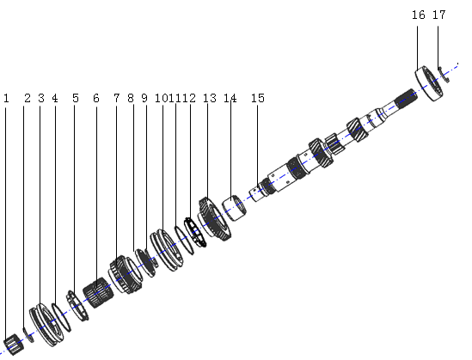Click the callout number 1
click(x=6, y=99)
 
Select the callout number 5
click(x=76, y=99)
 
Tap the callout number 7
click(x=116, y=99)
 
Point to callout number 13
click(x=209, y=99)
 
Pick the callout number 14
click(x=230, y=99)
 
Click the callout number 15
click(x=258, y=99)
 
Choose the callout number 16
click(x=418, y=15)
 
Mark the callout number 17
click(x=438, y=15)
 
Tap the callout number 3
click(x=40, y=99)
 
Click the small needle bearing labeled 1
click(x=11, y=345)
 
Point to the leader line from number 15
click(x=259, y=146)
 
